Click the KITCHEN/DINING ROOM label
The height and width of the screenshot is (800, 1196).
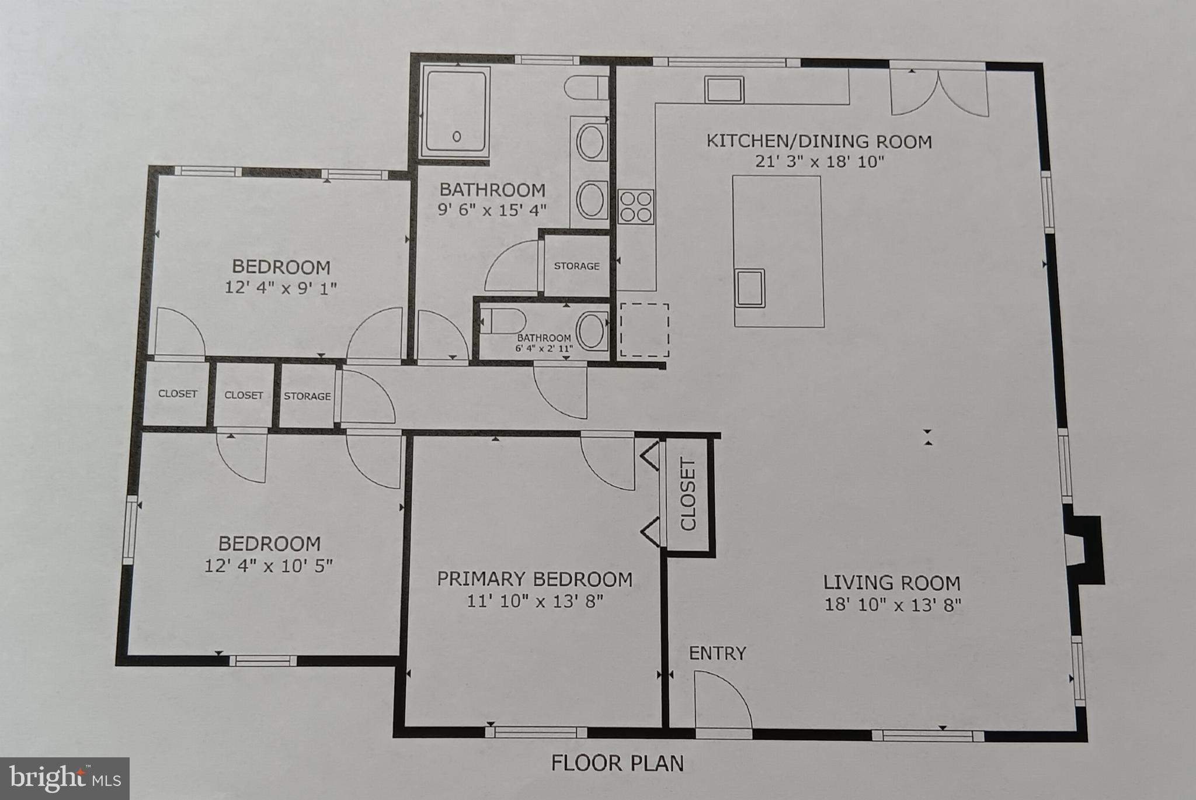[x=819, y=141]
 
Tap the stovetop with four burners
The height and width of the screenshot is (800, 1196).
[x=636, y=206]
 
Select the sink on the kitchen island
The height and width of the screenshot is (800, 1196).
[x=750, y=288]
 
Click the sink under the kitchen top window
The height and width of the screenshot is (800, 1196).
[x=724, y=89]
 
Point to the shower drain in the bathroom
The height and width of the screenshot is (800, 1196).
[x=457, y=136]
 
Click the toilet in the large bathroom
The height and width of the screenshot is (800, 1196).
[x=587, y=88]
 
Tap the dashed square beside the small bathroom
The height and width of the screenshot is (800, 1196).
[x=644, y=330]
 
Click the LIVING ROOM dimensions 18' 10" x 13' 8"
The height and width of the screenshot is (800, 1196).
[x=892, y=604]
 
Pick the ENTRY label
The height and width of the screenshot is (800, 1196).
[x=717, y=653]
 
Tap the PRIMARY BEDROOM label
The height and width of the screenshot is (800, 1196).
[x=534, y=579]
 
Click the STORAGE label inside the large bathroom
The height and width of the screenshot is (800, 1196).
[x=576, y=266]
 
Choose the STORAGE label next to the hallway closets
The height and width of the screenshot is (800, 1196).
[x=307, y=396]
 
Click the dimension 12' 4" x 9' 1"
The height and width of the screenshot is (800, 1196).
[x=281, y=288]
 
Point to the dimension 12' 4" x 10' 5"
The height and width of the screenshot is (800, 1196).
[x=269, y=566]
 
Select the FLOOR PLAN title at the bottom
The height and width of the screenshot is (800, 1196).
[x=617, y=763]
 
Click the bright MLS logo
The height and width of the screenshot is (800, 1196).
[x=65, y=778]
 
